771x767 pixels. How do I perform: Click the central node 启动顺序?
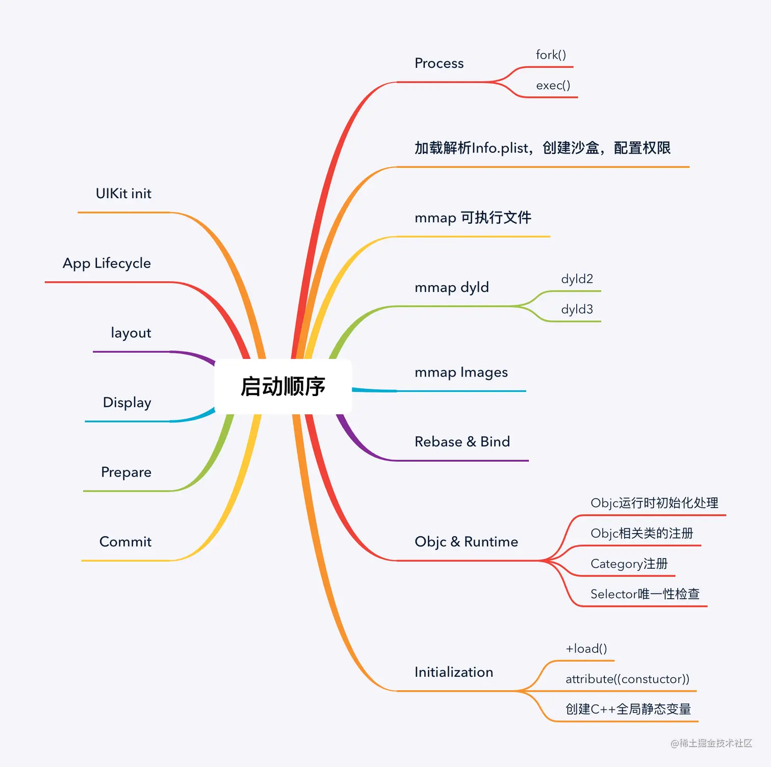point(283,386)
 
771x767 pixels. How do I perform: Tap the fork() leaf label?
point(551,55)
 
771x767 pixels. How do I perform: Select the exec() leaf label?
point(553,86)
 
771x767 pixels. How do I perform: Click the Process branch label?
point(439,63)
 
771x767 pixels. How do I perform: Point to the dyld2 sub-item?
point(577,279)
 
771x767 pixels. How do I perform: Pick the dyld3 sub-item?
point(577,309)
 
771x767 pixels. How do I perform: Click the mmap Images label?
point(461,373)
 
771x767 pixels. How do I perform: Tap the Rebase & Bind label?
point(462,442)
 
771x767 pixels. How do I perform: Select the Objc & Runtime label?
point(466,542)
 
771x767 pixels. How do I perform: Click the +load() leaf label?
point(586,649)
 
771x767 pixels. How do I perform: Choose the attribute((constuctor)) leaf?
point(627,679)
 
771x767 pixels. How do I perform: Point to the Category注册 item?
point(629,564)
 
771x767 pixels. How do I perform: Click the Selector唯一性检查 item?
point(645,594)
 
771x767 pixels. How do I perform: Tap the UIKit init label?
point(123,194)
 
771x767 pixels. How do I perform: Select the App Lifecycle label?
point(107,263)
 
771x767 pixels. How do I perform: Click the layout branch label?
point(131,333)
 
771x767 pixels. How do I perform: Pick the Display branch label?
point(127,403)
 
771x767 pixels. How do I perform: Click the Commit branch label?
point(125,542)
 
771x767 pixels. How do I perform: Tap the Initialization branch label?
point(454,672)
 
